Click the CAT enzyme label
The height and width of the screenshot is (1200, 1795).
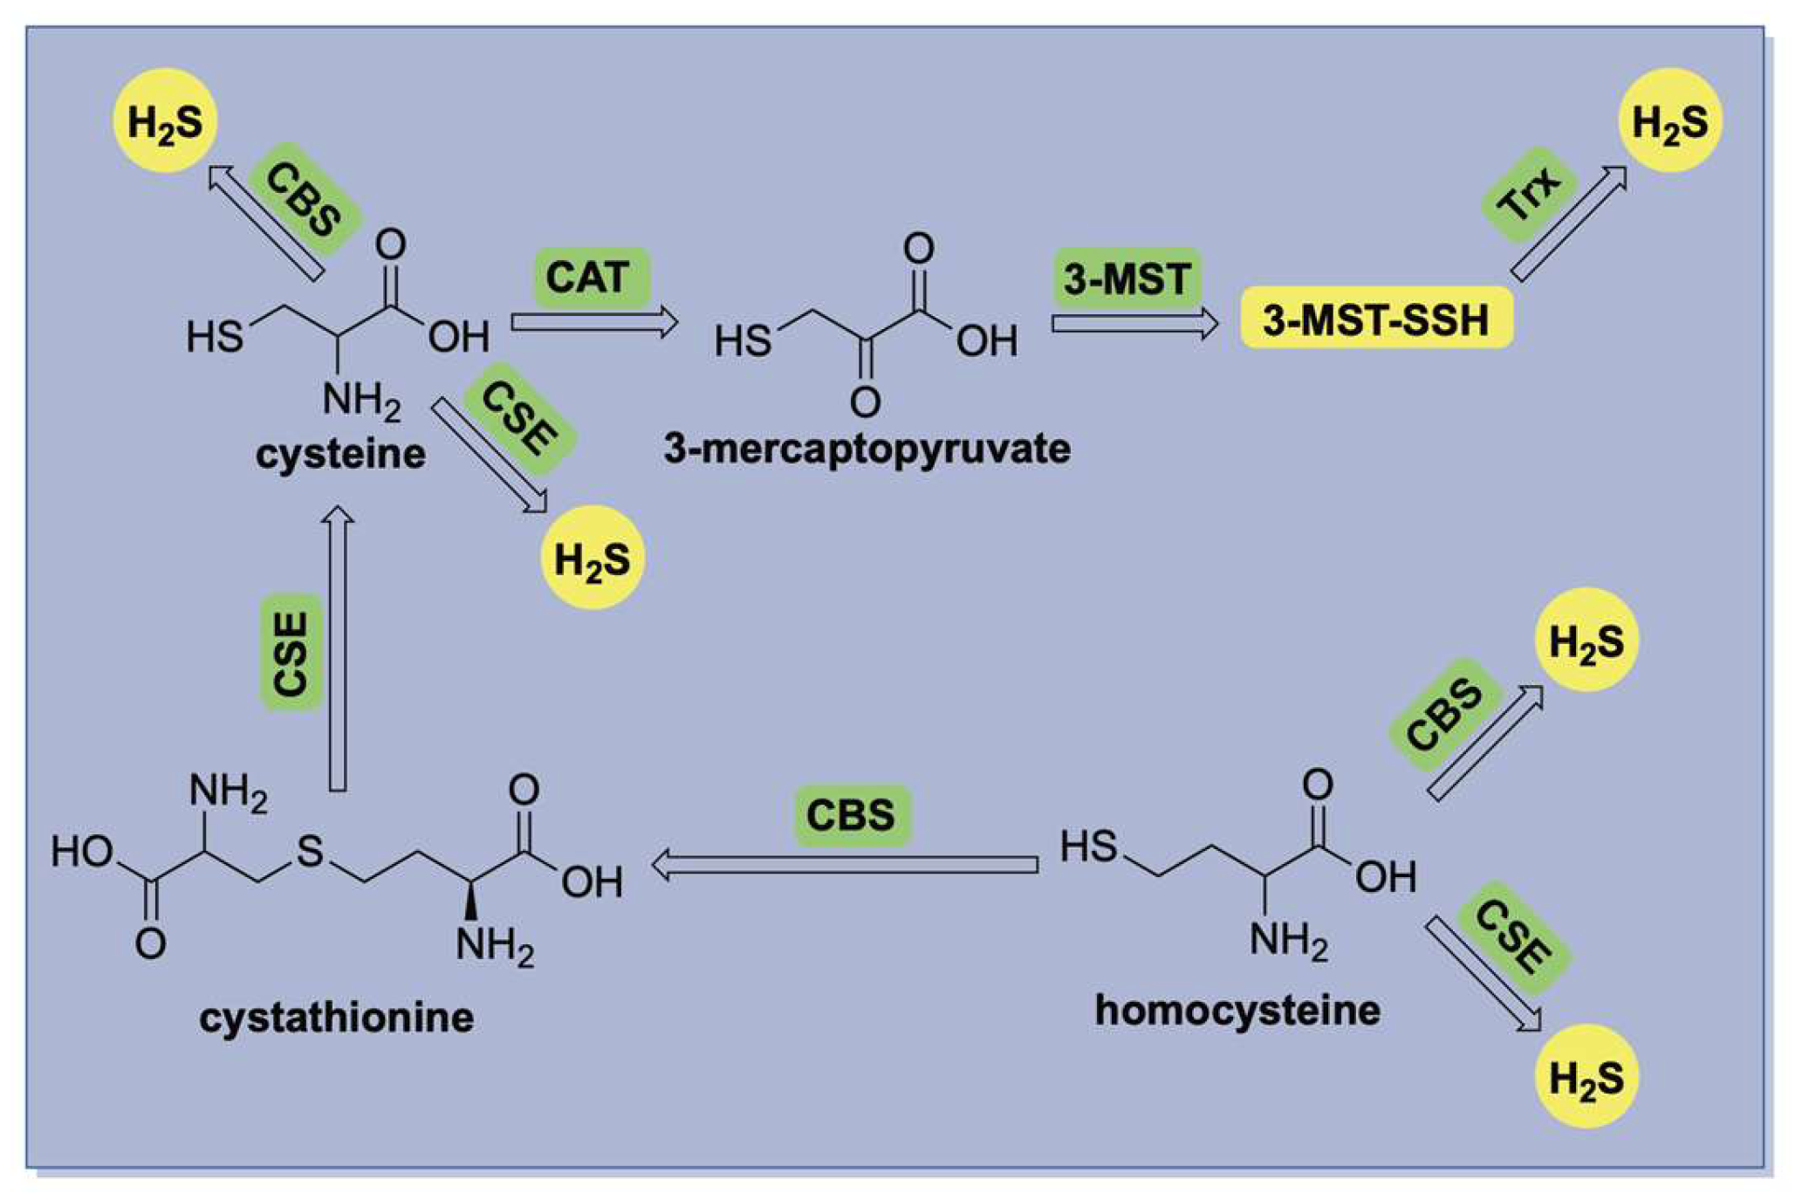[591, 278]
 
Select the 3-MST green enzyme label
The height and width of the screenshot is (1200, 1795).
[1127, 278]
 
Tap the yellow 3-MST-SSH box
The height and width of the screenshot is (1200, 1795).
[1375, 319]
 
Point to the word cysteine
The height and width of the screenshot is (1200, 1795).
[340, 454]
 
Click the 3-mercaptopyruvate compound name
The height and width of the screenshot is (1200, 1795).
[867, 449]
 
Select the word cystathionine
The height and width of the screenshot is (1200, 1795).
[336, 1017]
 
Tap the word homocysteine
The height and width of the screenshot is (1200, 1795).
[1237, 1010]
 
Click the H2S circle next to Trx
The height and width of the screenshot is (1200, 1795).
[1668, 120]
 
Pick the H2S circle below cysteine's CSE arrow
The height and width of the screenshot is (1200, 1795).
[593, 558]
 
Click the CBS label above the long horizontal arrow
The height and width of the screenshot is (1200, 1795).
[851, 814]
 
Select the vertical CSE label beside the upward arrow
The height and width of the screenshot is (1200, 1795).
[291, 654]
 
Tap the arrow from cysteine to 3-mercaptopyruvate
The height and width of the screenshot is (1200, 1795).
[593, 322]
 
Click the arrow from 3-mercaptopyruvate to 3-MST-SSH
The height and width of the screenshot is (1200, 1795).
[1134, 324]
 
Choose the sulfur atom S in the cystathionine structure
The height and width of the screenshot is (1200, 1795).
[310, 850]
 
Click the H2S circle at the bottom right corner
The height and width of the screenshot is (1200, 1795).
[1586, 1076]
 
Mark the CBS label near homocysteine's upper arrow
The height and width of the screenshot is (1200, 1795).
[1442, 715]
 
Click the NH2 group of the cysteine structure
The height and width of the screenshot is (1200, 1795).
[360, 401]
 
